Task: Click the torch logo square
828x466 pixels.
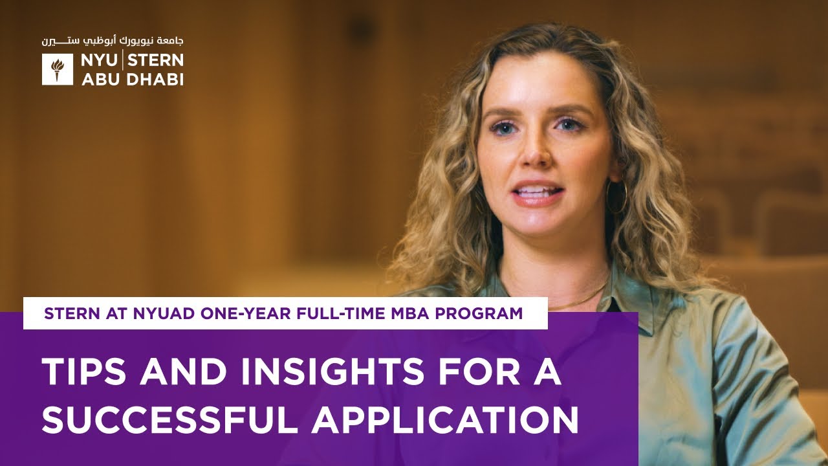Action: (58, 69)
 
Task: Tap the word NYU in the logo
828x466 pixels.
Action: (99, 61)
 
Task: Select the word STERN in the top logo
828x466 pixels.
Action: (157, 61)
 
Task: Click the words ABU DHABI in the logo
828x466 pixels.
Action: (132, 79)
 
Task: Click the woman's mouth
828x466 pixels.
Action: (536, 193)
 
